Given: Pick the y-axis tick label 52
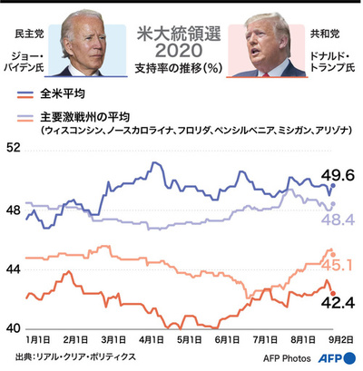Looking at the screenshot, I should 14,149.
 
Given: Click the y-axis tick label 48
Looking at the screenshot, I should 14,210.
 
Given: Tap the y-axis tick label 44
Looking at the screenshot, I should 14,268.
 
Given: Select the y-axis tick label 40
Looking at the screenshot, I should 14,327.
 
